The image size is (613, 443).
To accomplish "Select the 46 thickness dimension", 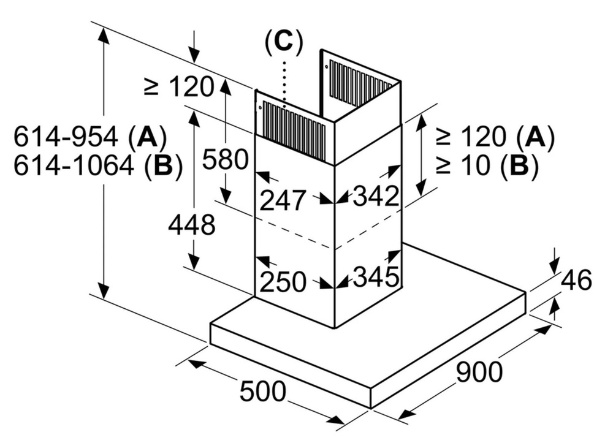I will point(576,280).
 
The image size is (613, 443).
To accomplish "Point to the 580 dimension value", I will point(225,160).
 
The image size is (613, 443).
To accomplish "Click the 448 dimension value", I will point(192,225).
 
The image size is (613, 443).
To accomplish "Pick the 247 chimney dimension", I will point(283,200).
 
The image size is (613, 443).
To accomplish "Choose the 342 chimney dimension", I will point(376,196).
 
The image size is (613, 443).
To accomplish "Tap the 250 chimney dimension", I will point(283,281).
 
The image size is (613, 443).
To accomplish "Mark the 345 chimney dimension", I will point(376,278).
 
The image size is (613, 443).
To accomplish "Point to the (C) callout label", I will point(283,42).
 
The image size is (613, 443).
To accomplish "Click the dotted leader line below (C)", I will point(284,80).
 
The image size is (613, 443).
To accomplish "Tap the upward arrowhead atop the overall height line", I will point(104,37).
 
